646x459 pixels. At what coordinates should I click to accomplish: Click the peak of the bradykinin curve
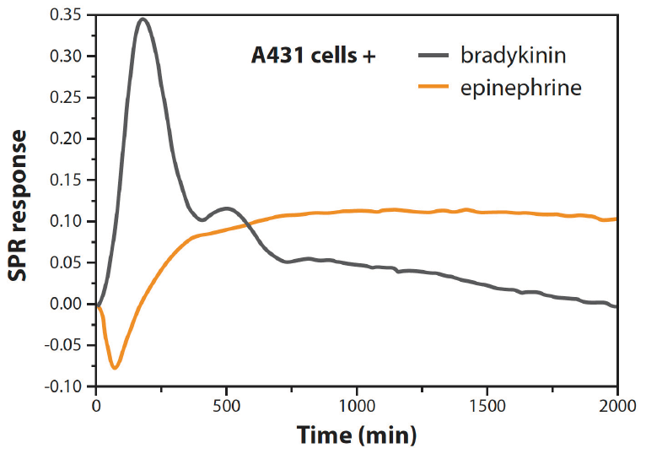[x=143, y=19]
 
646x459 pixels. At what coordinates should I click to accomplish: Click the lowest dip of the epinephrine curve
[x=115, y=368]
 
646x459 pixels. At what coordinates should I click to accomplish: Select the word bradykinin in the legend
[x=513, y=57]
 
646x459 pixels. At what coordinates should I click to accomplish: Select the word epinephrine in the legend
[x=520, y=86]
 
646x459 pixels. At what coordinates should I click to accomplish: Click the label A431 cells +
[x=313, y=57]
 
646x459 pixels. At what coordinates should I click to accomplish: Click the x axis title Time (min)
[x=357, y=435]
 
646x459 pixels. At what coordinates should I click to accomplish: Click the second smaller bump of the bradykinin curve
[x=226, y=208]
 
